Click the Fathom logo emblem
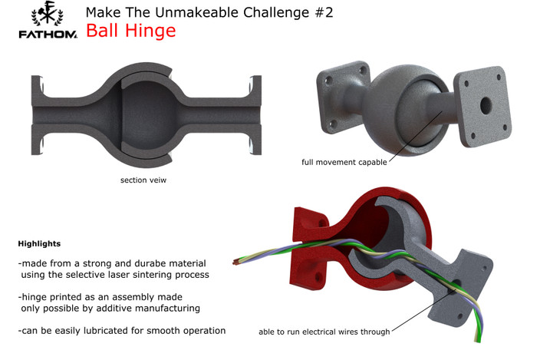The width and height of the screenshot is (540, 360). click(x=45, y=15)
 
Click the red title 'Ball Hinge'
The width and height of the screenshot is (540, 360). click(x=130, y=31)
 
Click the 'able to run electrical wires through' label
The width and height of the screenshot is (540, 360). click(x=324, y=332)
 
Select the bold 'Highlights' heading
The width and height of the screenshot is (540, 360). click(x=39, y=243)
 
